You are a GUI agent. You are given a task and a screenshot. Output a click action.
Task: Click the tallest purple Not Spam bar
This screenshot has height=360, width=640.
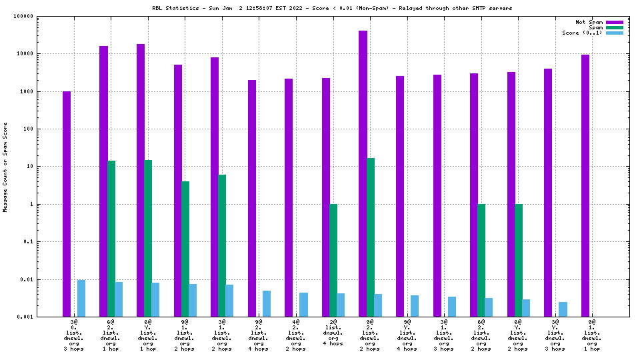click(363, 173)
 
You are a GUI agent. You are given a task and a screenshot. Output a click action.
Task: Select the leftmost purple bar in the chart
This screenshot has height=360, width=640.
click(67, 203)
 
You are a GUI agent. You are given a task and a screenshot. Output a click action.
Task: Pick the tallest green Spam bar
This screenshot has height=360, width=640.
click(370, 237)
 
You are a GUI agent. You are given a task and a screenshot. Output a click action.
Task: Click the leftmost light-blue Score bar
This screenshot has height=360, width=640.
click(81, 298)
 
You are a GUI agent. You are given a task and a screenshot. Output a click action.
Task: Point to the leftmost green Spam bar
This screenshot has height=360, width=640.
click(111, 238)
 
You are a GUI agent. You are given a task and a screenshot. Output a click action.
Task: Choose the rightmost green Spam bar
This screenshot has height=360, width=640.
click(518, 260)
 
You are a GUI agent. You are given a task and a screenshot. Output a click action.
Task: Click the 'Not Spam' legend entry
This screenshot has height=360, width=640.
click(589, 22)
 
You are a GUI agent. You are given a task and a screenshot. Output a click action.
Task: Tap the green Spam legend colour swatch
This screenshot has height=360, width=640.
click(614, 27)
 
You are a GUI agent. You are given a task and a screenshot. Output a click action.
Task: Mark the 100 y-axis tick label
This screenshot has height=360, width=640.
click(36, 129)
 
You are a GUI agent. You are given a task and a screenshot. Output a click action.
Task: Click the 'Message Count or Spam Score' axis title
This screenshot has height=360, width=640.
click(5, 167)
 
